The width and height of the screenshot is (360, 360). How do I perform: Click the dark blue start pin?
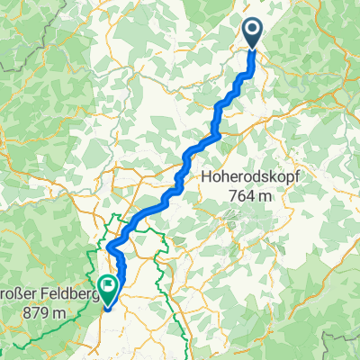[x=251, y=33]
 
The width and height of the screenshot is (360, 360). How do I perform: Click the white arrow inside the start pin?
[x=251, y=31]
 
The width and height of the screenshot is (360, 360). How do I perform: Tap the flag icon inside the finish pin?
[x=108, y=286]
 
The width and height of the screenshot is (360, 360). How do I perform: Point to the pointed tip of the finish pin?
[x=108, y=303]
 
